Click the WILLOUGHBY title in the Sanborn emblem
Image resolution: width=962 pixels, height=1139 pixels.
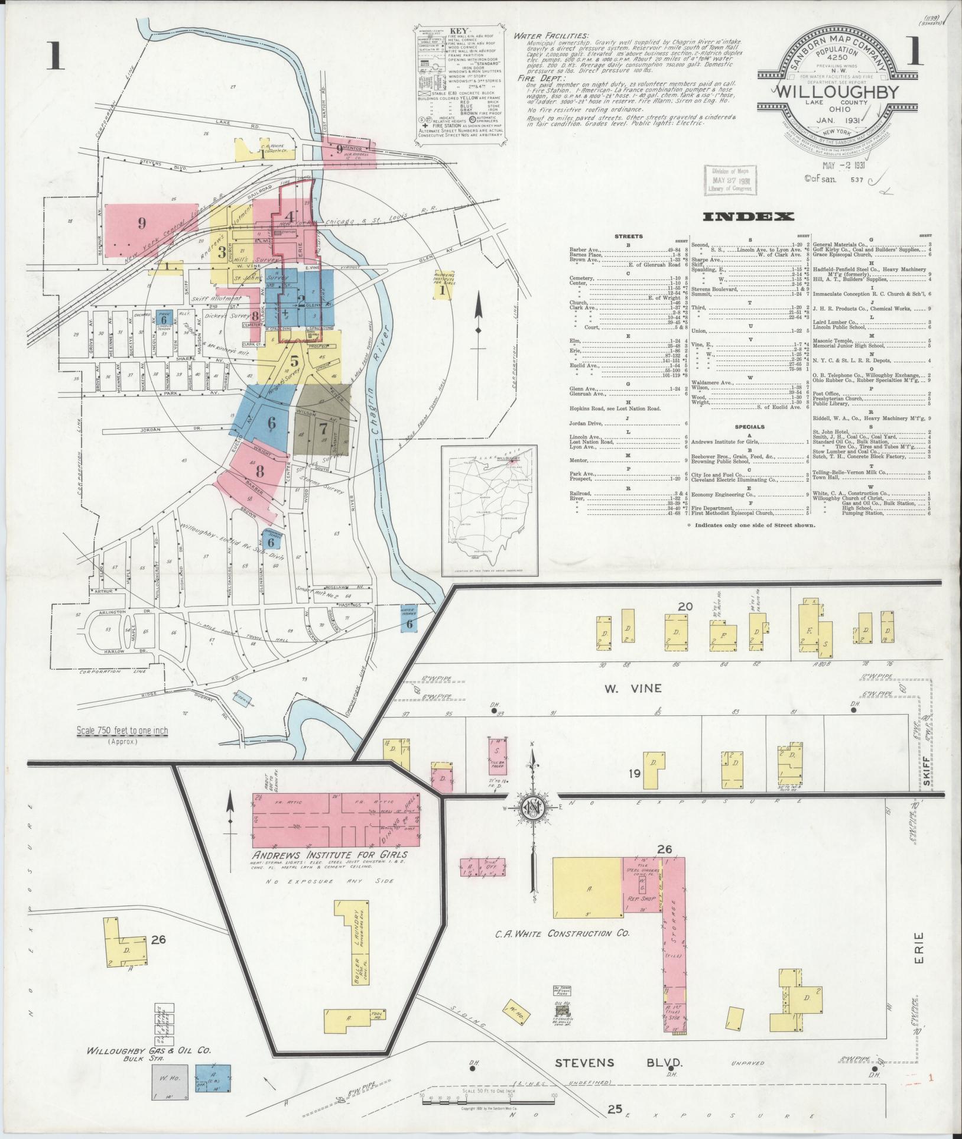coord(836,92)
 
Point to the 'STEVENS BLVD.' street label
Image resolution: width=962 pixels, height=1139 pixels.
coord(619,1062)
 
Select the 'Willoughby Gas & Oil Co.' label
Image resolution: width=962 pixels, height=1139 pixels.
coord(149,1052)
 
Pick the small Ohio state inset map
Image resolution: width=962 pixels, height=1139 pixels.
coord(489,510)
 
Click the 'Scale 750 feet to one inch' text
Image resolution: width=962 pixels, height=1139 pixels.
coord(122,731)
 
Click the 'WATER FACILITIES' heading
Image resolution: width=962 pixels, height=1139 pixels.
coord(551,35)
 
